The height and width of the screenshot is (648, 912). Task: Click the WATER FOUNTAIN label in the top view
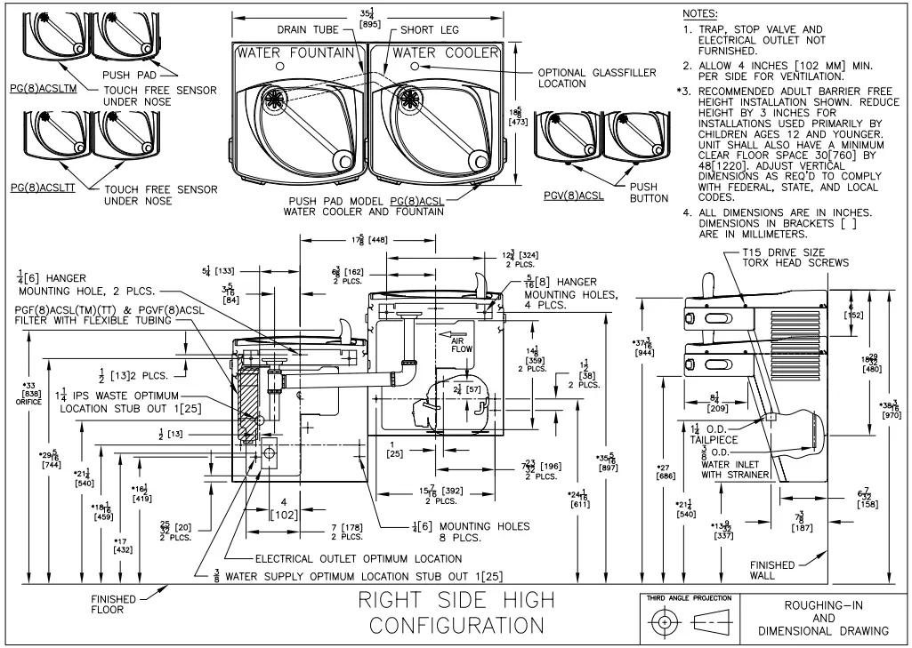tap(295, 53)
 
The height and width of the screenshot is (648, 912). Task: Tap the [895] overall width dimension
tap(367, 24)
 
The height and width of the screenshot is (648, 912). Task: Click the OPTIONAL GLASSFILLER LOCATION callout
tap(597, 78)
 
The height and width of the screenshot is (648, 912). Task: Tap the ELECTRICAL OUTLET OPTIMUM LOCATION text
tap(358, 559)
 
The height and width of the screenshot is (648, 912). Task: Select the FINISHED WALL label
tap(772, 570)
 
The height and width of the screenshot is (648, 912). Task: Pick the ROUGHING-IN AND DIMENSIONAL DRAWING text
tap(823, 617)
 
